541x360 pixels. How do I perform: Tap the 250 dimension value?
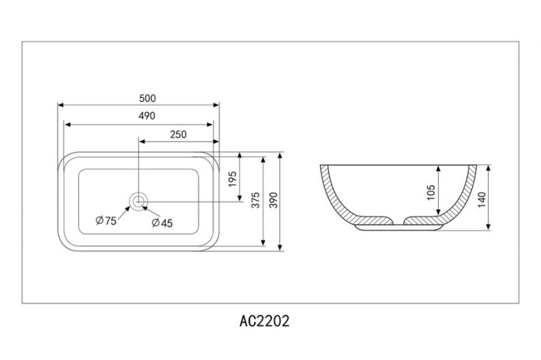(177, 134)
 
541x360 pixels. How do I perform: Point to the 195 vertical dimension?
(232, 179)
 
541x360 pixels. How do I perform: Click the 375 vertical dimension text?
(255, 201)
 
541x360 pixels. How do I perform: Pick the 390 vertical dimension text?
(273, 201)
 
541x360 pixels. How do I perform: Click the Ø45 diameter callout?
(161, 222)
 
